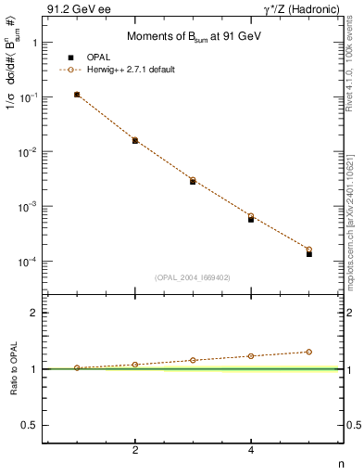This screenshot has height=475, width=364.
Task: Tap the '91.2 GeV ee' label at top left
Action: tap(73, 9)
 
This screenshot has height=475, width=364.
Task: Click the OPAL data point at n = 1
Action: tap(77, 95)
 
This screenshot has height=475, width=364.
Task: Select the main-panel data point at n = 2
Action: tap(135, 140)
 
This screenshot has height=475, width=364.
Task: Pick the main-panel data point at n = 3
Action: tap(193, 181)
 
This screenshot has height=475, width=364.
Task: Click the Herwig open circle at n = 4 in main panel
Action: tap(251, 216)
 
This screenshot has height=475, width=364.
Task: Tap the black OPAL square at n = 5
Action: tap(309, 253)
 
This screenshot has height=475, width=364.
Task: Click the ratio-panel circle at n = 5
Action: tap(309, 352)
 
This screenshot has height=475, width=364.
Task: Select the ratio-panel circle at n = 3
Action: tap(193, 360)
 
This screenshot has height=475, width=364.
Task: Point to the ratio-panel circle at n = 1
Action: tap(77, 367)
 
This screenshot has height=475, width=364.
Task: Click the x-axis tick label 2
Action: tap(135, 450)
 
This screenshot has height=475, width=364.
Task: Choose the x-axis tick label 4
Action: tap(251, 450)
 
